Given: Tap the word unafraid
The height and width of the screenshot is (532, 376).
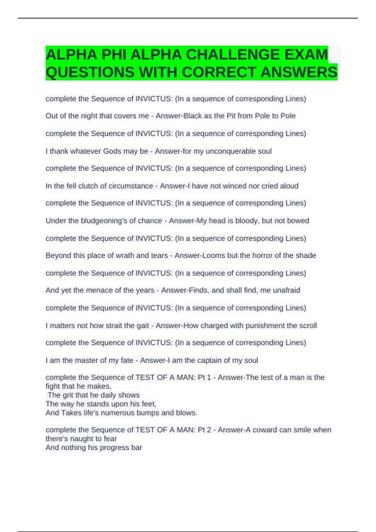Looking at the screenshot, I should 286,290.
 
